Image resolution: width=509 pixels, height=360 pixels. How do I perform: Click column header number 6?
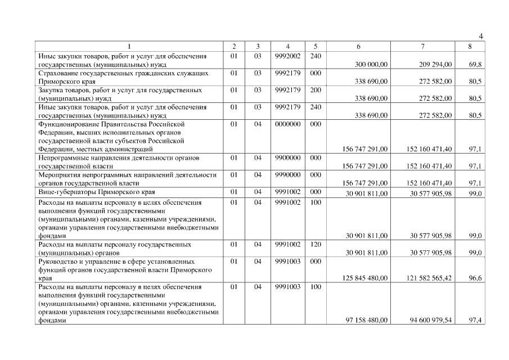coord(359,46)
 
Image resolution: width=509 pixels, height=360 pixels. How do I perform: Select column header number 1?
coord(129,46)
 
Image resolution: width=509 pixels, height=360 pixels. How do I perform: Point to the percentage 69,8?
coord(475,65)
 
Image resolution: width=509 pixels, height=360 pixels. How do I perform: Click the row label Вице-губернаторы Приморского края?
coord(96,192)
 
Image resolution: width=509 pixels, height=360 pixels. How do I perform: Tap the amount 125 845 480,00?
coord(365,278)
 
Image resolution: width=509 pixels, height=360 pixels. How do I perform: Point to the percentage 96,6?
coord(475,278)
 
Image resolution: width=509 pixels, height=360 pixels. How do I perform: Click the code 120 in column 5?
coord(316,245)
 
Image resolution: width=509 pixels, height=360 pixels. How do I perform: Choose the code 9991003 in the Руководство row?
coord(288,262)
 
